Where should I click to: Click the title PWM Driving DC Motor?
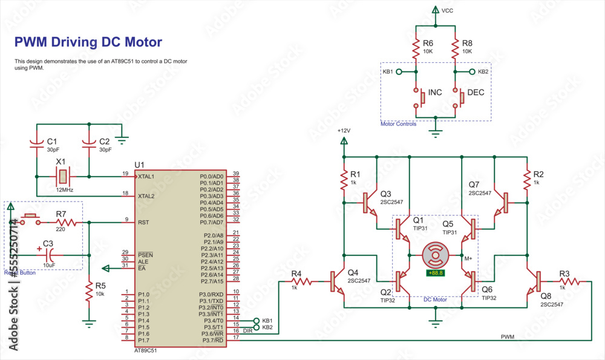(x=88, y=42)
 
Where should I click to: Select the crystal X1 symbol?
(x=62, y=177)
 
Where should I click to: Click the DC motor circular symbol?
(x=435, y=255)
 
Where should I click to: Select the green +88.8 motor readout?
(x=435, y=273)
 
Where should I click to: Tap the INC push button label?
(x=435, y=93)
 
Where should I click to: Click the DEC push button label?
(x=476, y=93)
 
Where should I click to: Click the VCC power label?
(x=447, y=11)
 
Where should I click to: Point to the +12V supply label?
(x=343, y=130)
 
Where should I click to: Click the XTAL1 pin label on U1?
(x=147, y=177)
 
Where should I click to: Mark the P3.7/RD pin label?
(x=212, y=340)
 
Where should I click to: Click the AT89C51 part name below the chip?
(x=146, y=350)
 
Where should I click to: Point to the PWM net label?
(x=508, y=336)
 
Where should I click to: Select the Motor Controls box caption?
(x=398, y=124)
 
